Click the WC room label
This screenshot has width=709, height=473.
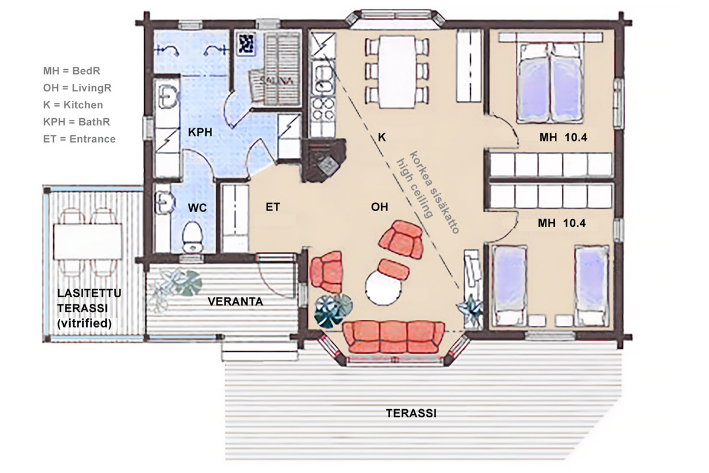tap(197, 208)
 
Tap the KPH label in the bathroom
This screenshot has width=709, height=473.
tap(200, 132)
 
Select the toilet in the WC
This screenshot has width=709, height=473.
tap(193, 237)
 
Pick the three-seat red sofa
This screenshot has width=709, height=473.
tap(393, 337)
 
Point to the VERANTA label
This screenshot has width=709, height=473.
tap(236, 302)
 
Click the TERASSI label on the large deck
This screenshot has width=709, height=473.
tap(411, 413)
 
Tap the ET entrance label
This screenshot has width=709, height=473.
tap(272, 207)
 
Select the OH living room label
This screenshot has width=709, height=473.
tap(379, 207)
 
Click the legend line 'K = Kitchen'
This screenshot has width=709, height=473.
tap(73, 105)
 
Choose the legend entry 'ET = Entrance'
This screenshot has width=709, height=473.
tap(79, 139)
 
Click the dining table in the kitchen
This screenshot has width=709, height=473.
tap(397, 72)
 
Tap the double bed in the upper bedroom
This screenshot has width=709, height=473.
tap(551, 83)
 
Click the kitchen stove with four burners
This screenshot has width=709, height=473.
tap(322, 110)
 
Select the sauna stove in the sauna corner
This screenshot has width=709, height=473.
tap(246, 44)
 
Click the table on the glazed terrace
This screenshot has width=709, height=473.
tap(87, 241)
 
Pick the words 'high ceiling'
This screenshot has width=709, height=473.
tap(414, 189)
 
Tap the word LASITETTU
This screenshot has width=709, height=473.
tap(89, 293)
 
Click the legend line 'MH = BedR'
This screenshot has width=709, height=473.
tap(71, 70)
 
